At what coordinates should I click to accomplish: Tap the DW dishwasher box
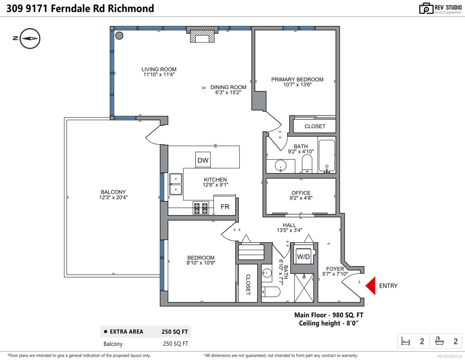(203, 160)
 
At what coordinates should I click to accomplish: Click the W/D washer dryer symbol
(303, 257)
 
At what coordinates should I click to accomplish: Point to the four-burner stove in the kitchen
(201, 208)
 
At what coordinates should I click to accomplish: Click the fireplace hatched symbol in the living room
(202, 36)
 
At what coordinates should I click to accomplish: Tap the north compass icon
(30, 38)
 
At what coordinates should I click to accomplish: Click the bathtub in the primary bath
(327, 156)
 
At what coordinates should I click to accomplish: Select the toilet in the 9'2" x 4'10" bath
(307, 164)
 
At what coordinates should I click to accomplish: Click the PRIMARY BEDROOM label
(297, 79)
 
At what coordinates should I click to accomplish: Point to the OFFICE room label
(301, 193)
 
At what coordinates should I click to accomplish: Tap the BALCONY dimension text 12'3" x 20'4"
(113, 197)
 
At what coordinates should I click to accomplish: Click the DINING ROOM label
(228, 87)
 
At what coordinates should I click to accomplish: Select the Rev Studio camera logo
(426, 9)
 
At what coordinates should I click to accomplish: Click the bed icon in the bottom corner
(405, 341)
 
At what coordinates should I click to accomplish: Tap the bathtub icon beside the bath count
(439, 341)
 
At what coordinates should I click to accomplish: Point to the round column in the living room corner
(119, 36)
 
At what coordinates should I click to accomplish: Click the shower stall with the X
(304, 288)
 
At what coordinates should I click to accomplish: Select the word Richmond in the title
(131, 9)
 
